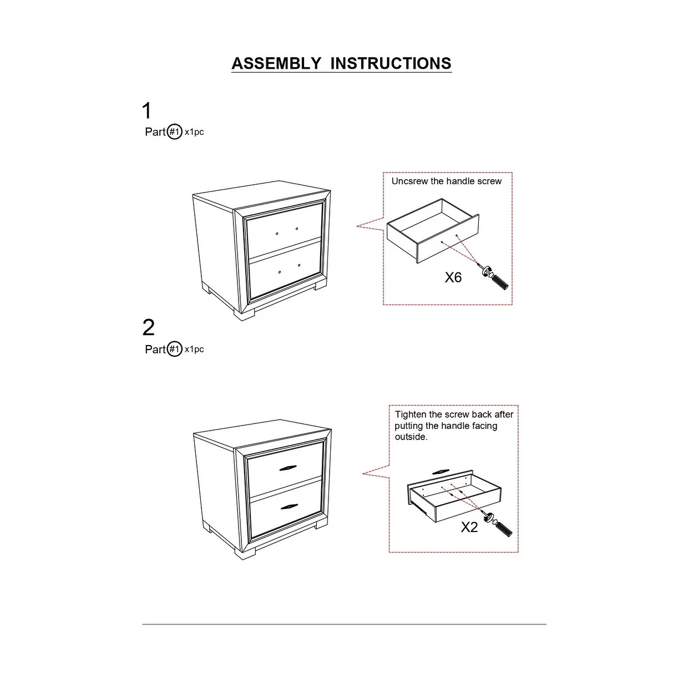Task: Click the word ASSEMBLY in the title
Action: tap(276, 63)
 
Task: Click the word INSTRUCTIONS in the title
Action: tap(391, 63)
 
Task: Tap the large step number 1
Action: tap(146, 111)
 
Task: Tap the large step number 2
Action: tap(148, 328)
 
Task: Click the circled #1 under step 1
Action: tap(175, 132)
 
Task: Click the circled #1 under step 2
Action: tap(175, 349)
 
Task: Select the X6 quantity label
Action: tap(453, 277)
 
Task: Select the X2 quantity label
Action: tap(469, 527)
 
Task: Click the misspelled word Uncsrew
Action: tap(409, 181)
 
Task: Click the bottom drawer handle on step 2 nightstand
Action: tap(290, 508)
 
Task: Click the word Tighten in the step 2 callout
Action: tap(410, 414)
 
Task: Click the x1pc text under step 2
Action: tap(194, 349)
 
